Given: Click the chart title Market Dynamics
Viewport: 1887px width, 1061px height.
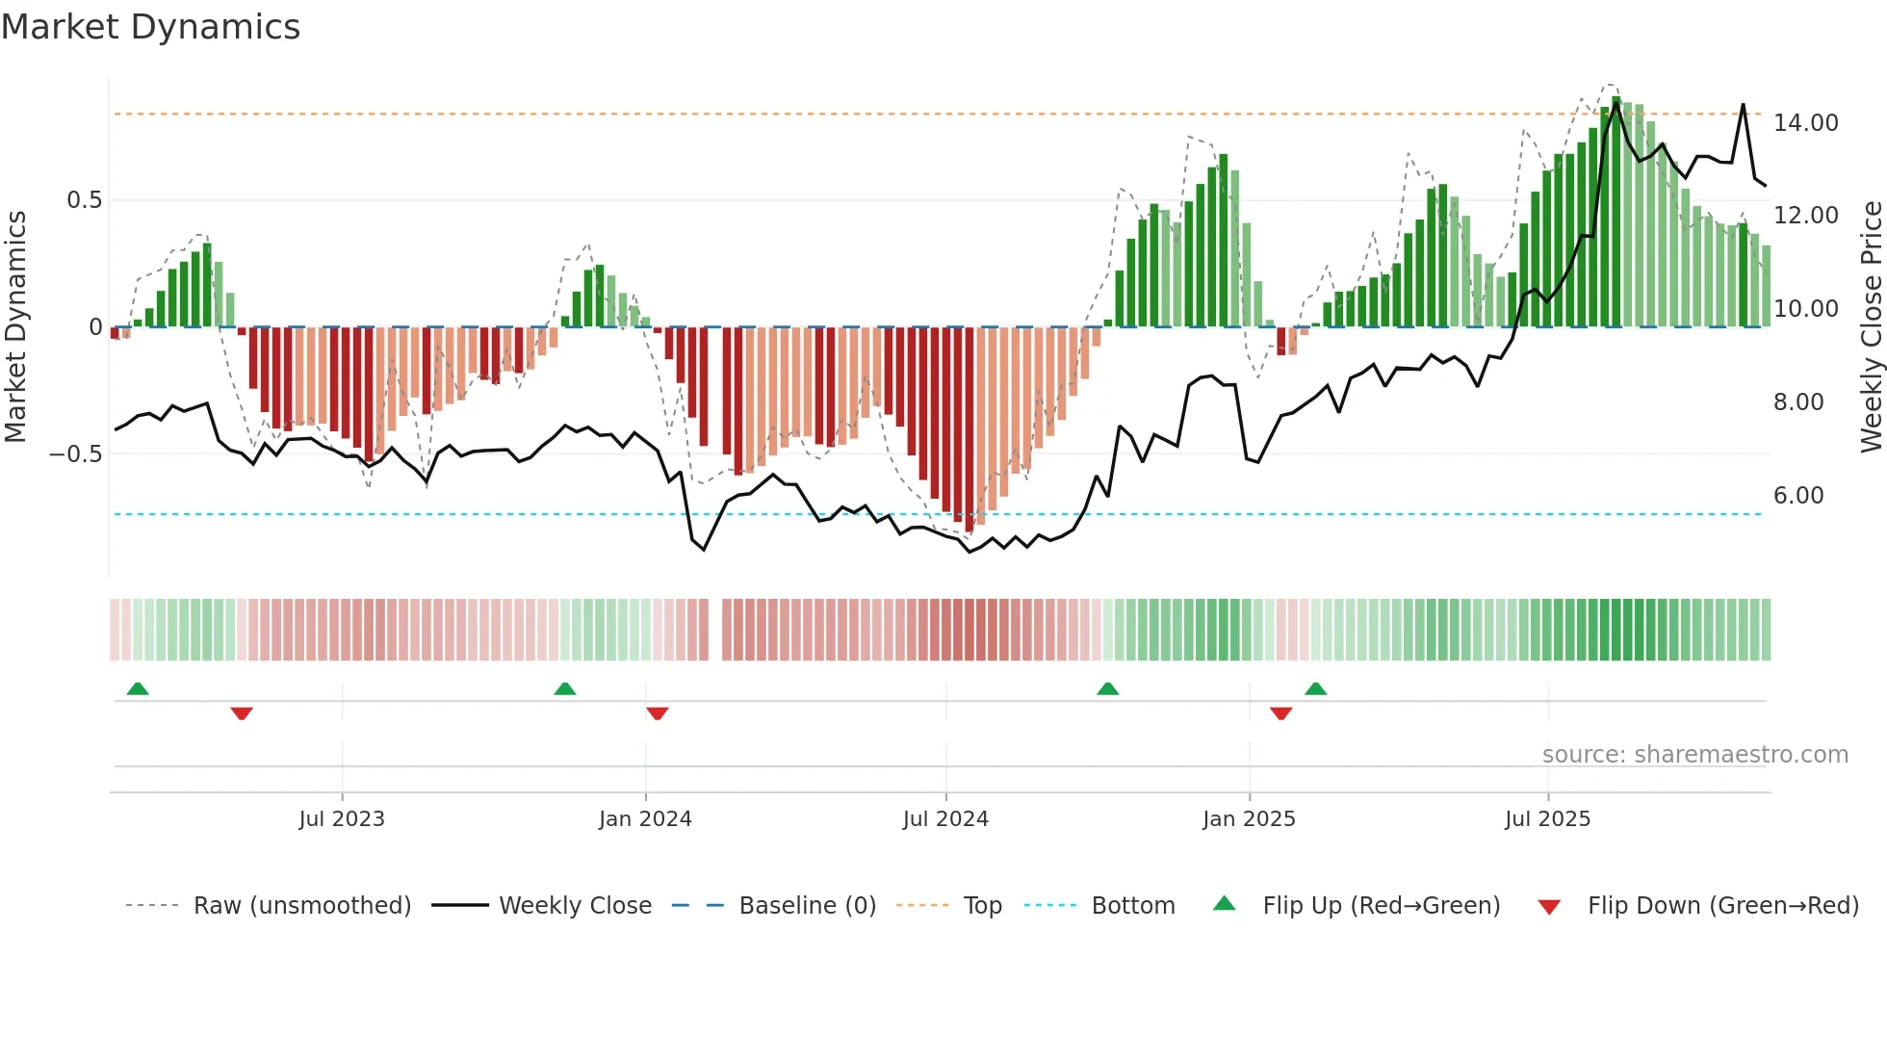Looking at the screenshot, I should pos(151,27).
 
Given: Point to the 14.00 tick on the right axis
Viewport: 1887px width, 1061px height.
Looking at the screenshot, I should pos(1805,123).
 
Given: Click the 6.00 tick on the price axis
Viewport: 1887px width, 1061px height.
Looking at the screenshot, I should pos(1797,496).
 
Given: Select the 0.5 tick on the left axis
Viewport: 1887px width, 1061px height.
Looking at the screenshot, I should pos(84,200).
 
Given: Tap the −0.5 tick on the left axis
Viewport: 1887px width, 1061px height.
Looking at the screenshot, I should pos(76,454).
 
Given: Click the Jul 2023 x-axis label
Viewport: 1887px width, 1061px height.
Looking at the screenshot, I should pos(342,819).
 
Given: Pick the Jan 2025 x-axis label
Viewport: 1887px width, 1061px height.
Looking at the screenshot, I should pos(1249,819).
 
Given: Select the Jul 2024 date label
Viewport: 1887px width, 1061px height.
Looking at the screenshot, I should pos(945,819).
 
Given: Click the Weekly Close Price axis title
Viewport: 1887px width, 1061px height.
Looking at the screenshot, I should pos(1871,327).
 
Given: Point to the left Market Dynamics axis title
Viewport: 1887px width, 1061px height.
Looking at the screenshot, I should pos(15,327).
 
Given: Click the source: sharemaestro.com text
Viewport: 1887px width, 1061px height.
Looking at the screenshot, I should pos(1694,755).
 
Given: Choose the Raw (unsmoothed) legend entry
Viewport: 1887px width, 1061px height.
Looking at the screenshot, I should pos(301,906).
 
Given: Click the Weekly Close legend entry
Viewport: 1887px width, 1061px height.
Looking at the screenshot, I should pos(575,906).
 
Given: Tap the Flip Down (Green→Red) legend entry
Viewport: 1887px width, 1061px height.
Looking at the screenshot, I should pos(1722,906).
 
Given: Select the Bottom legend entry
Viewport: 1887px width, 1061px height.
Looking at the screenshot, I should pos(1132,906).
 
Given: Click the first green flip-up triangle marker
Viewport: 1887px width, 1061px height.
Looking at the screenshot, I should pos(138,688).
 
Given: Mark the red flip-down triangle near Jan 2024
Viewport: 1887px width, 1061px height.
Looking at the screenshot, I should pos(658,713).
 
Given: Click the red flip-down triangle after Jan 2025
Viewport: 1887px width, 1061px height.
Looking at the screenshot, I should pos(1280,713).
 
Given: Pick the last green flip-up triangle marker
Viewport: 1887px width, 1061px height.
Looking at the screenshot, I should pos(1315,688).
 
